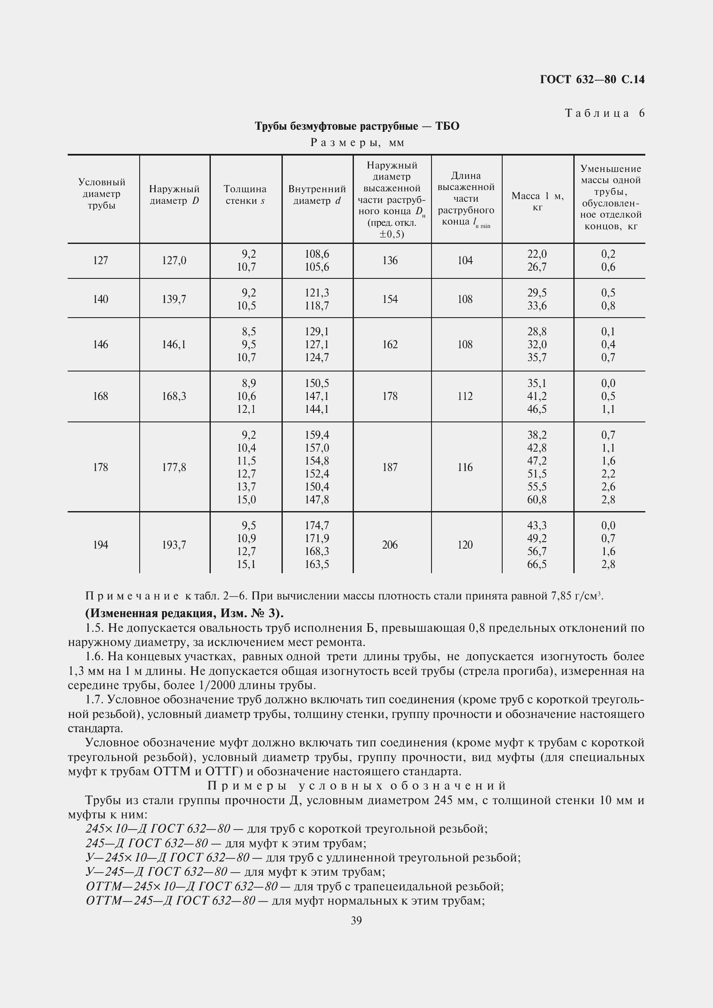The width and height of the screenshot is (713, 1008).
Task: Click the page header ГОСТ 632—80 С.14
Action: click(592, 79)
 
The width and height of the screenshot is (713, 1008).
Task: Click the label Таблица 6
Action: click(604, 113)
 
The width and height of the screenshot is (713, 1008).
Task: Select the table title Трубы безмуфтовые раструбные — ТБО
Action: click(357, 126)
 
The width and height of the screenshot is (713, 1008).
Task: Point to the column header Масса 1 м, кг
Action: click(538, 202)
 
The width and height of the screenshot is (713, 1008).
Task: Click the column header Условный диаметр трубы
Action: click(101, 193)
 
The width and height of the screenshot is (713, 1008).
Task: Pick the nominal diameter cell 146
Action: click(100, 345)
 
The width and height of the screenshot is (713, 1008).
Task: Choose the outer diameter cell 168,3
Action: click(174, 396)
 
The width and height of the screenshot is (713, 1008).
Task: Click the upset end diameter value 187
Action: click(390, 467)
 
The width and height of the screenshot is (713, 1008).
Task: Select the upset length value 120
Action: click(465, 545)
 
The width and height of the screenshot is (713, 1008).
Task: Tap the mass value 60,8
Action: click(537, 499)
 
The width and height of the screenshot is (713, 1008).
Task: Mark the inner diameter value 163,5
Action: click(317, 564)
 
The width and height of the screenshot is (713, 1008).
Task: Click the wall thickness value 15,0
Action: click(246, 499)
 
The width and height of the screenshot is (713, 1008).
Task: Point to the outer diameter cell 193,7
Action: click(174, 545)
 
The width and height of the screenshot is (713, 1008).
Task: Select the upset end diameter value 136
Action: click(390, 261)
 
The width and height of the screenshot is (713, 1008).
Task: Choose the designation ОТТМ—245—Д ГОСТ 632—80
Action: click(170, 901)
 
